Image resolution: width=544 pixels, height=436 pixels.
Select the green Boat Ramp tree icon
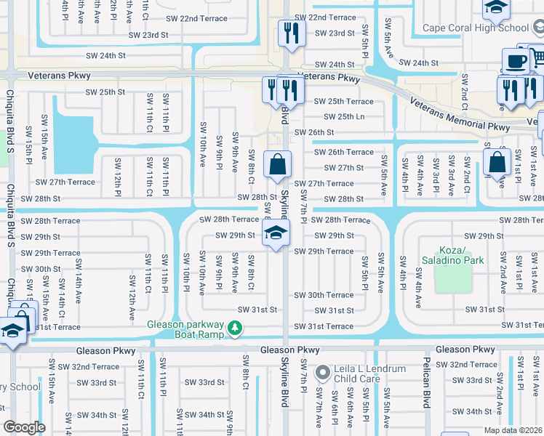[x=234, y=329]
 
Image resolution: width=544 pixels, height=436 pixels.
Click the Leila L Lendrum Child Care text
[x=369, y=374]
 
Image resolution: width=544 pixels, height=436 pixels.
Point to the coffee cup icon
[x=516, y=61]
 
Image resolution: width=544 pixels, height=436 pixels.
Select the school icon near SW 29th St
[x=276, y=233]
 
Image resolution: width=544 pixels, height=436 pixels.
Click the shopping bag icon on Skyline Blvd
[x=277, y=164]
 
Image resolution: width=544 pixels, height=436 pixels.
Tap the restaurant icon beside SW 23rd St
[x=289, y=33]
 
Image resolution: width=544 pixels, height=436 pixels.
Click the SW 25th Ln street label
[x=344, y=117]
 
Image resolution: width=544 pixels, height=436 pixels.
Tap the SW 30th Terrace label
[x=324, y=295]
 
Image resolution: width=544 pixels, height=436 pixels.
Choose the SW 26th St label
[x=313, y=132]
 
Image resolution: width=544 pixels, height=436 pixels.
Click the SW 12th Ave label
[x=132, y=298]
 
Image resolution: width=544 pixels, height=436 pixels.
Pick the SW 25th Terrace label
[x=344, y=102]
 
